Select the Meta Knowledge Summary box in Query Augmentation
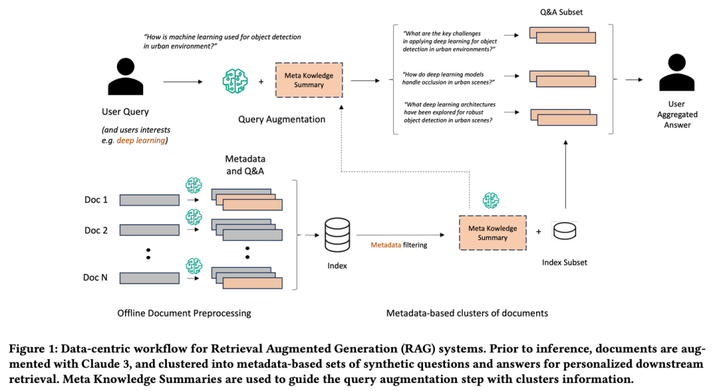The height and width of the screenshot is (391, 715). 309,80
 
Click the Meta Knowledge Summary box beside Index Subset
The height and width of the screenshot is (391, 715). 493,233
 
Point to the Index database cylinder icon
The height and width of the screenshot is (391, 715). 336,236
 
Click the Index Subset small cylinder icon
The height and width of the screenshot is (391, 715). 565,231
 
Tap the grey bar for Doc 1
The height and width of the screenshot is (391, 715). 150,199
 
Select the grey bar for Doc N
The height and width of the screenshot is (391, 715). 150,277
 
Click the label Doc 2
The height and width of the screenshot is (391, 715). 96,230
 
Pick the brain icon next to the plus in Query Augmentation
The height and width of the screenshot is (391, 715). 234,81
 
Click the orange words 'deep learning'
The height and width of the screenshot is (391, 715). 140,140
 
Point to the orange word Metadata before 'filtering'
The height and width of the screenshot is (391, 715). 385,245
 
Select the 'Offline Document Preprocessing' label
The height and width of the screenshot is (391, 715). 184,313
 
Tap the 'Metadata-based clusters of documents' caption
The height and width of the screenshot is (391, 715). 467,313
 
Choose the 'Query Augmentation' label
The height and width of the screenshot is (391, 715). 281,120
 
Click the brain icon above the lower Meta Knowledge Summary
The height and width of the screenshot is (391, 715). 491,200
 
